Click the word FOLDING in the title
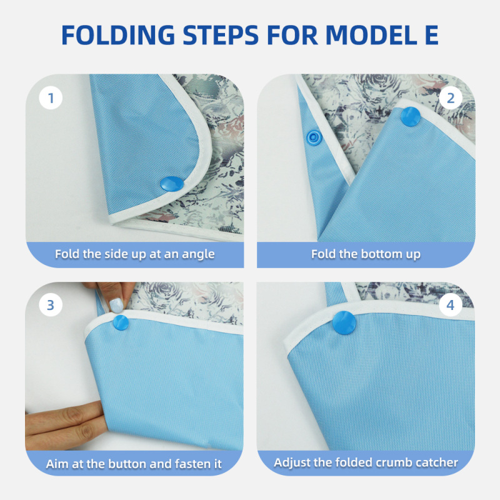point(118,35)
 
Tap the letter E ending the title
point(431,35)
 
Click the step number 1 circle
point(51,98)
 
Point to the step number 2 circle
point(450,98)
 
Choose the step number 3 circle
point(51,305)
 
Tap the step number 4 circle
point(450,305)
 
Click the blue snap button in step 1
point(172,184)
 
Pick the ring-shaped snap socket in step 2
point(314,138)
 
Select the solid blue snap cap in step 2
point(411,116)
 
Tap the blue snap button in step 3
point(121,322)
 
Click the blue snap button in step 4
point(344,322)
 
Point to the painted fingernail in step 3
point(116,306)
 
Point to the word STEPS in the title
point(221,35)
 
